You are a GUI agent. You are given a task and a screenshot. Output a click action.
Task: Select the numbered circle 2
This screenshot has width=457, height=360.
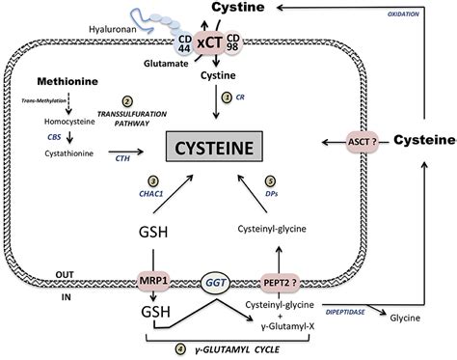pos(126,101)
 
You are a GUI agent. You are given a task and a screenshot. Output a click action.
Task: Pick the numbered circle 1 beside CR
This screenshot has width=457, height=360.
pos(228,97)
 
